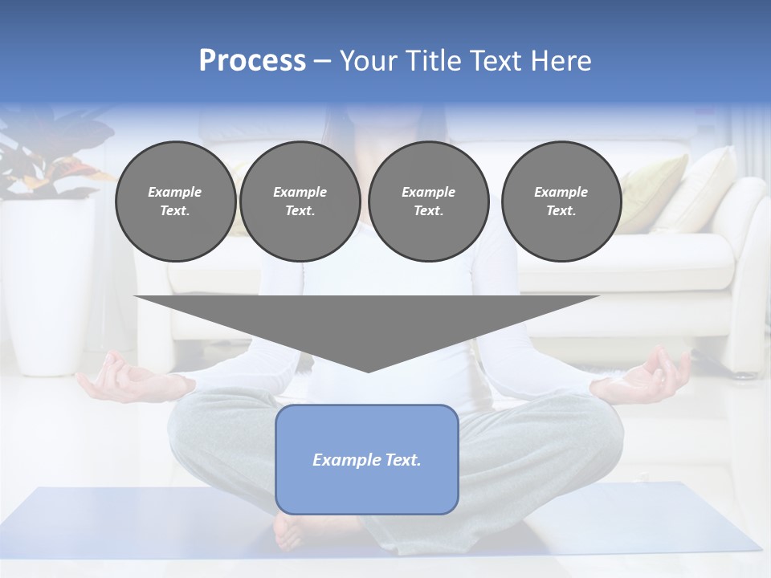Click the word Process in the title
pyautogui.click(x=252, y=61)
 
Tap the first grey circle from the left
pyautogui.click(x=175, y=201)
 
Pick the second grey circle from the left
pyautogui.click(x=300, y=201)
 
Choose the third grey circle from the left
pyautogui.click(x=428, y=201)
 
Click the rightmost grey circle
pyautogui.click(x=561, y=201)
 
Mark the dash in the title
pyautogui.click(x=322, y=61)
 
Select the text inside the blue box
pyautogui.click(x=366, y=460)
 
